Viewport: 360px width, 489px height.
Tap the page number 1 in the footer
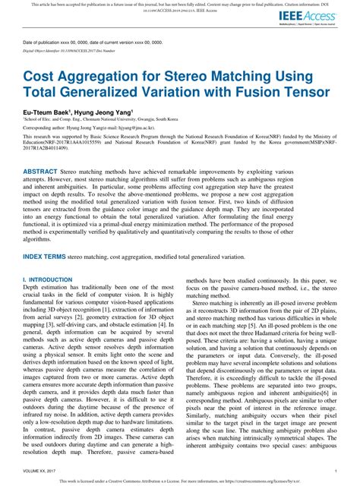[x=335, y=471]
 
